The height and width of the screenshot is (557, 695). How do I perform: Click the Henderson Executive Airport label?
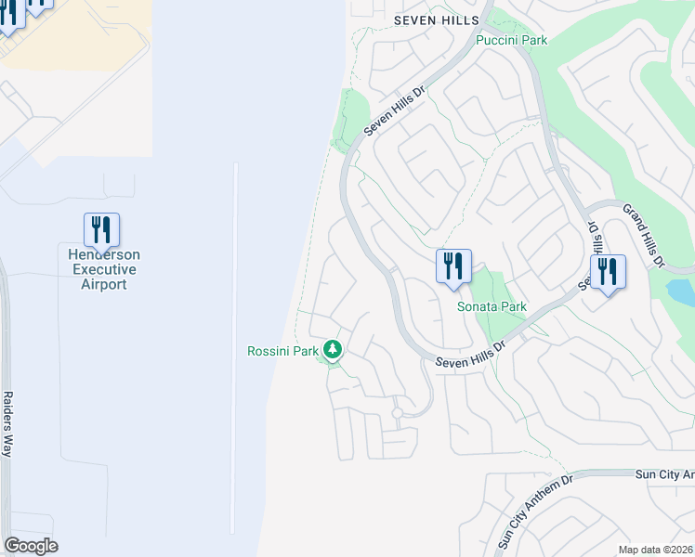tap(103, 269)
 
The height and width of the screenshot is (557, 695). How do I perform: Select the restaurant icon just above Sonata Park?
tap(453, 266)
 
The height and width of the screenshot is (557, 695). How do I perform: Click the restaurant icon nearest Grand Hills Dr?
tap(608, 272)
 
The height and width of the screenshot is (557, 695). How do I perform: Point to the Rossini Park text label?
tap(282, 351)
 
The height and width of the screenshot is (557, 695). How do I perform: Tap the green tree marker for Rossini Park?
tap(333, 350)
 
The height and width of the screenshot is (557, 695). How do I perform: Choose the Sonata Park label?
tap(492, 306)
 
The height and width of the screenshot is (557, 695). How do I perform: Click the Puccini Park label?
tap(511, 40)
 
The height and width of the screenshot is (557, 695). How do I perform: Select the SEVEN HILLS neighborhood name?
tap(436, 19)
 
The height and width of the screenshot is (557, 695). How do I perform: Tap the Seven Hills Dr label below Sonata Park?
tap(470, 352)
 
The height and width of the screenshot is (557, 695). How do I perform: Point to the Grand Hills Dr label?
tap(644, 236)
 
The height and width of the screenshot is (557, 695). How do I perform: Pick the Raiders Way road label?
tap(7, 422)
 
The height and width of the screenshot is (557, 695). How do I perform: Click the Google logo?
tap(31, 546)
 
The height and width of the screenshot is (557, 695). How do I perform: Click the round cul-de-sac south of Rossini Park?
tap(397, 412)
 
